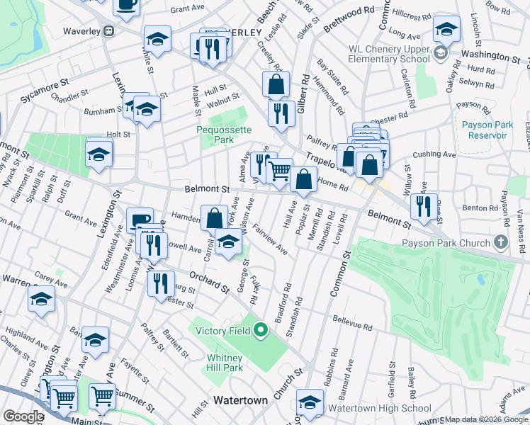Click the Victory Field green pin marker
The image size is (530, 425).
tap(260, 329)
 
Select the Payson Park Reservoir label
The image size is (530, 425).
tap(486, 130)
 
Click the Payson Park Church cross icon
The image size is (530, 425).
tap(501, 242)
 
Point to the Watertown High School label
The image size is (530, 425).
tap(379, 408)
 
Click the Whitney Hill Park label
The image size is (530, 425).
tap(225, 363)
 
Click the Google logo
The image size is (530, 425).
tap(23, 416)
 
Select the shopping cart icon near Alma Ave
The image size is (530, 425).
tap(280, 171)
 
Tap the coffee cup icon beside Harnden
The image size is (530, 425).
tap(140, 220)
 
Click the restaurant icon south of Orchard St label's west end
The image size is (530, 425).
tap(162, 283)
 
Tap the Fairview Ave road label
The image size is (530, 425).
tap(269, 240)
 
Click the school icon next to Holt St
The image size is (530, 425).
tap(98, 152)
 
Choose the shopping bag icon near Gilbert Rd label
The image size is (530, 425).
tap(276, 84)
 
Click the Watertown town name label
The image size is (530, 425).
tap(241, 400)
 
